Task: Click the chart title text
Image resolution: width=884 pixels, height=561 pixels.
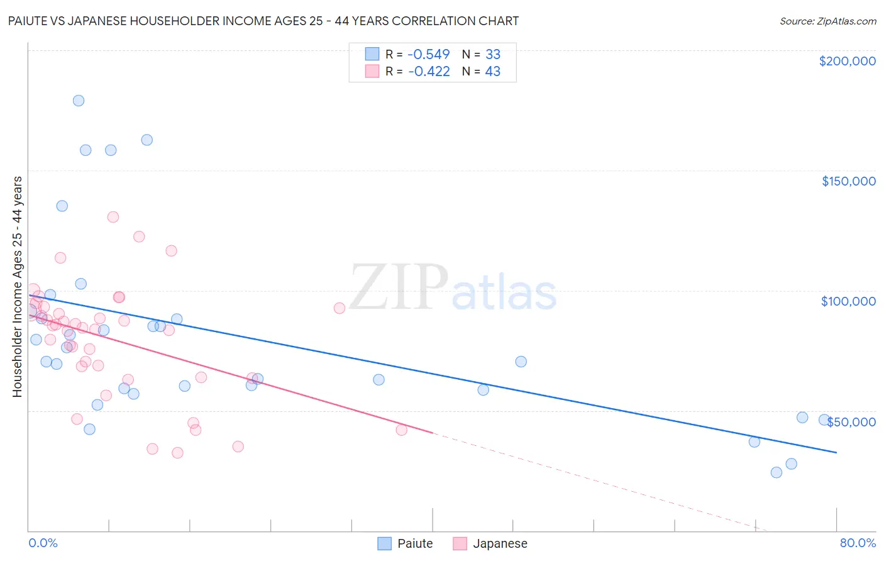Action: [x=263, y=21]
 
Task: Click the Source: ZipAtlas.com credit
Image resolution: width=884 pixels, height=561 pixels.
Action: [x=827, y=21]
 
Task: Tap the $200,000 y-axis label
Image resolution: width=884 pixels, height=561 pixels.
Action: [x=847, y=61]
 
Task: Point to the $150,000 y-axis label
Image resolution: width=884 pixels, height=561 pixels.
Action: [x=848, y=181]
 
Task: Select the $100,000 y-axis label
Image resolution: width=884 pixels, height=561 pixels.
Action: [x=848, y=301]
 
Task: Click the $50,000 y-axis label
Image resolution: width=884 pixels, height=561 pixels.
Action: [x=851, y=422]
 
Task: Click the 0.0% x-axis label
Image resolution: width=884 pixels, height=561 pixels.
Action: [x=43, y=543]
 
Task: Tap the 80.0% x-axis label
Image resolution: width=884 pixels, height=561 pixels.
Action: [x=858, y=543]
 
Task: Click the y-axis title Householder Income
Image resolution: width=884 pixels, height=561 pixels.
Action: [x=17, y=287]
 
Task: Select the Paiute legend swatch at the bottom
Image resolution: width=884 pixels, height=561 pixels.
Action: [x=385, y=543]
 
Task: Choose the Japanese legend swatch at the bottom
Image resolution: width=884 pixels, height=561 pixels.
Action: [x=460, y=543]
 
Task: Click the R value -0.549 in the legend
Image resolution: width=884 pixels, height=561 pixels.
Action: [x=429, y=54]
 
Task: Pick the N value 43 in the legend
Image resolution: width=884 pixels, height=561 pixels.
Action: [x=493, y=72]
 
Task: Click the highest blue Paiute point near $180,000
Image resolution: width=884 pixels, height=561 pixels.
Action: [x=79, y=101]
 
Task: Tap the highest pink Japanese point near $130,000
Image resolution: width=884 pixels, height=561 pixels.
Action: [x=113, y=217]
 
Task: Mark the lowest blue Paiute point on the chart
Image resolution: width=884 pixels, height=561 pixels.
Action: [x=776, y=472]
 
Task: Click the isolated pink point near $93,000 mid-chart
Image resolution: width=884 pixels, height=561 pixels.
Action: [x=340, y=308]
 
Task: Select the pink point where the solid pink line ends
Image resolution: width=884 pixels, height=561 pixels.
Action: [x=402, y=430]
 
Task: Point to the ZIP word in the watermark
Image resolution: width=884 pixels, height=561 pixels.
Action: [x=399, y=288]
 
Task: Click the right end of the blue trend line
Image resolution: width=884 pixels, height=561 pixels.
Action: [x=836, y=452]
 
